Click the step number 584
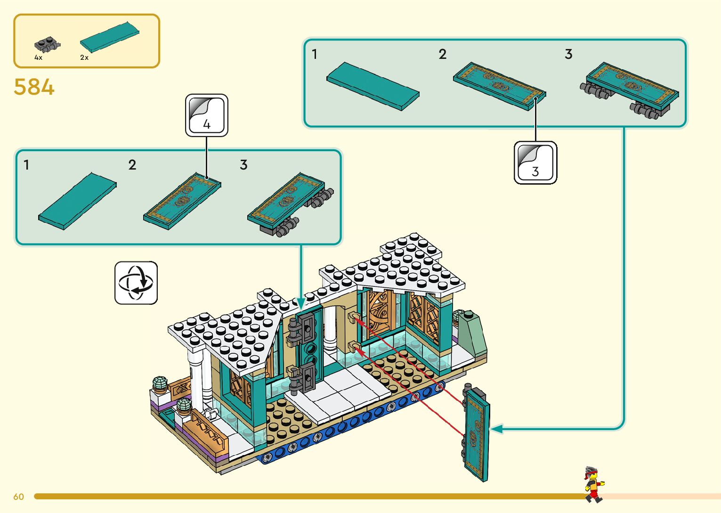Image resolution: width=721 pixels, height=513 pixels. [x=34, y=87]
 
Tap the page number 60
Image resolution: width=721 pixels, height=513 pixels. [x=18, y=497]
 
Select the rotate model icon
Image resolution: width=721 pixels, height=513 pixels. [x=136, y=283]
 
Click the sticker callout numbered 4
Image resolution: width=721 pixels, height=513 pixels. [x=207, y=116]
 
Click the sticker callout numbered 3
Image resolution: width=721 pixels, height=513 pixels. [x=535, y=163]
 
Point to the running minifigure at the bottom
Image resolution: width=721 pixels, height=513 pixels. [x=593, y=484]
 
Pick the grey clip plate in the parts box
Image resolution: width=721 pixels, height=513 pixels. [x=47, y=45]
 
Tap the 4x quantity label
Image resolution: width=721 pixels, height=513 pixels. [x=38, y=57]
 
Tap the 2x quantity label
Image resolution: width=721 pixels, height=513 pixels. [x=84, y=57]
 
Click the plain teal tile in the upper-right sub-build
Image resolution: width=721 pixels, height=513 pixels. [x=373, y=86]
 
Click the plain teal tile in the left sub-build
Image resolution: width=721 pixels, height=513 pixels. [x=78, y=201]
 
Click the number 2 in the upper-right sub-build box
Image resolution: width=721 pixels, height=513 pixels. [x=442, y=54]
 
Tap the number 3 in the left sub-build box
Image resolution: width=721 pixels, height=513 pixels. [x=243, y=165]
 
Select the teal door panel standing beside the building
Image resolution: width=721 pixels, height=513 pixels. [x=477, y=434]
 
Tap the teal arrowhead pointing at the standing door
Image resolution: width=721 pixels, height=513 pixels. [x=496, y=429]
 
